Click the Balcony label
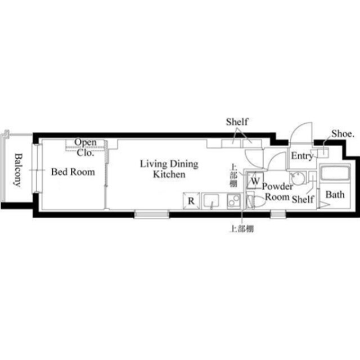tap(18, 170)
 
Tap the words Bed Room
tap(73, 172)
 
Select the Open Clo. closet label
tap(85, 147)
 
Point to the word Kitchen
tap(169, 174)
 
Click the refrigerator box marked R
tap(191, 201)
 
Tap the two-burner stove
tap(234, 201)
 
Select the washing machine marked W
tap(255, 180)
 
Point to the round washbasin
tap(298, 178)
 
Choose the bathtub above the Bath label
tap(335, 173)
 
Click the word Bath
tap(335, 195)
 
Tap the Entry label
tap(302, 156)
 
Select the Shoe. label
tap(343, 134)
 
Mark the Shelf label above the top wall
tap(237, 121)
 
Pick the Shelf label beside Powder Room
tap(303, 199)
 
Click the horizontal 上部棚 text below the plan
tap(242, 229)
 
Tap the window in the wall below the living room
tap(152, 214)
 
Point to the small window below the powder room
tap(278, 214)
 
